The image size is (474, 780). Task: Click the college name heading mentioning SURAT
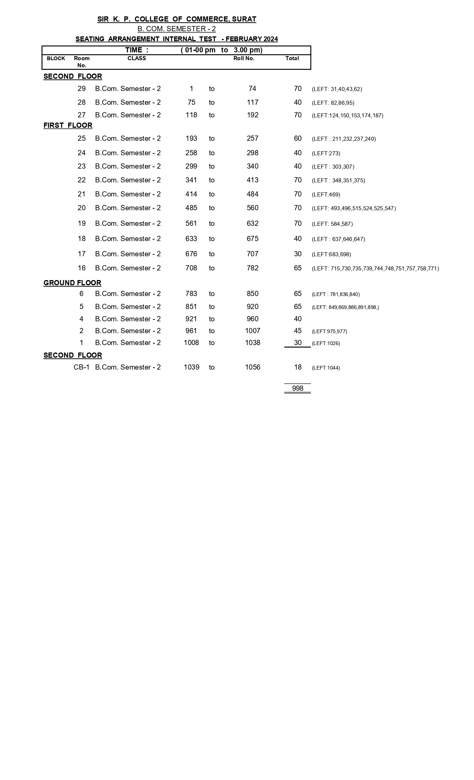[177, 19]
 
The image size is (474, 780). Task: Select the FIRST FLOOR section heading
[68, 126]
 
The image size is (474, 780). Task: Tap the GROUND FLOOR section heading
[72, 283]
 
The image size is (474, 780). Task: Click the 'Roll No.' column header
[244, 58]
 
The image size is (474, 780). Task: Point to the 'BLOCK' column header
[56, 58]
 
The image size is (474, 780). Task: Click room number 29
[81, 89]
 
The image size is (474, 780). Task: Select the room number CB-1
[81, 367]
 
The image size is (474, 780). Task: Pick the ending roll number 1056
[252, 367]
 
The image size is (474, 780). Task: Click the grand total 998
[297, 389]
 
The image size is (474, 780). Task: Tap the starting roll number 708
[191, 268]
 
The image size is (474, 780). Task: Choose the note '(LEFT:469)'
[326, 195]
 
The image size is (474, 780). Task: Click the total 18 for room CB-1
[297, 367]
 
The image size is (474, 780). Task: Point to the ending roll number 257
[252, 139]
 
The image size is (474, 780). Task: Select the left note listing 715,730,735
[375, 269]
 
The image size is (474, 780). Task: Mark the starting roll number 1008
[191, 343]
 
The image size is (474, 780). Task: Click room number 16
[81, 268]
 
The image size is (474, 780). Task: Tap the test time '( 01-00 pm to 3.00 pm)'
[222, 50]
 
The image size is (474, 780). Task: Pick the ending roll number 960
[252, 319]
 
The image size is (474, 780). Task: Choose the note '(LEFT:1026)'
[326, 343]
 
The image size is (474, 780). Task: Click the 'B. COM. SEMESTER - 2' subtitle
[177, 29]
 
